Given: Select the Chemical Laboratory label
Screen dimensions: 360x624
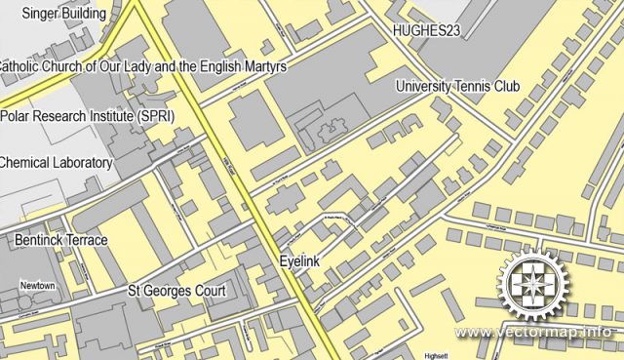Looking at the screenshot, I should point(57,162).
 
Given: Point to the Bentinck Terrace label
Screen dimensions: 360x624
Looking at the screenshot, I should point(60,239).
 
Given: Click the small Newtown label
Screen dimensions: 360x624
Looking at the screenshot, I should point(38,285).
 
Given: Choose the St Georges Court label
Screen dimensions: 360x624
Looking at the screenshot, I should point(177,291).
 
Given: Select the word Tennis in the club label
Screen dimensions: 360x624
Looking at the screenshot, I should point(474,87).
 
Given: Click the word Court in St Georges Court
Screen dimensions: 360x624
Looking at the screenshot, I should point(209,291).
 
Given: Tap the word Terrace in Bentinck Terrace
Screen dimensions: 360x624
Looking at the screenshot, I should point(87,239).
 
